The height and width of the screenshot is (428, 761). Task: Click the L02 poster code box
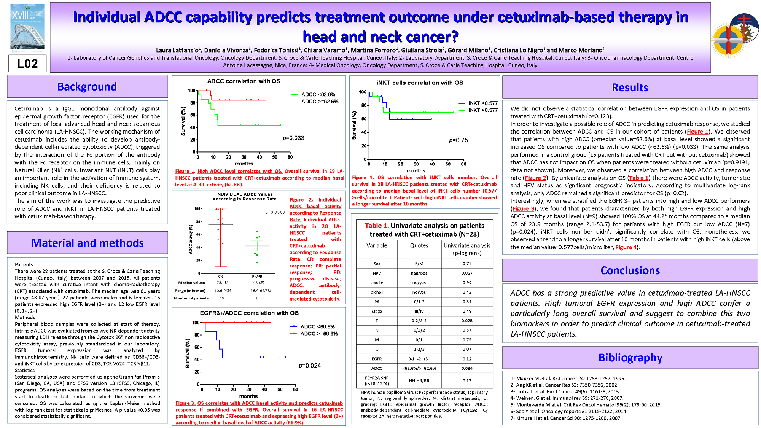pos(27,64)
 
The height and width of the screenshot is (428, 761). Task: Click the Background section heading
pos(87,87)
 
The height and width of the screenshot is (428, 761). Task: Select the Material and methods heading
pos(87,243)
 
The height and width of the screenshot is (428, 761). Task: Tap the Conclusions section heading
pos(630,270)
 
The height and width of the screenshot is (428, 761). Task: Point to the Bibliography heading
pos(630,358)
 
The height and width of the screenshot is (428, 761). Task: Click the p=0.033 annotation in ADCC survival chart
pos(293,138)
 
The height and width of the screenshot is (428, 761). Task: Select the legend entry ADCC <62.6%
pos(318,94)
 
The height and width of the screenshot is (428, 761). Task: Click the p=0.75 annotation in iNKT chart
pos(459,140)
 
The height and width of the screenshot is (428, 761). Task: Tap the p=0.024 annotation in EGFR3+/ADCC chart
pos(310,366)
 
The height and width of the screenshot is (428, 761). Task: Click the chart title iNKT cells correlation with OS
pos(420,83)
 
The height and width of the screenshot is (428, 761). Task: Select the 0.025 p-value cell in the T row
pos(467,321)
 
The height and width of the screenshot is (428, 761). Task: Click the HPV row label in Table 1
pos(377,273)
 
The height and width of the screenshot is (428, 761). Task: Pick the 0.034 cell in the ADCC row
pos(467,368)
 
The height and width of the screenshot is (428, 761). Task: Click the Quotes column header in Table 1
pos(419,246)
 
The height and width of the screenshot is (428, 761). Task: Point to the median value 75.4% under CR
pos(222,283)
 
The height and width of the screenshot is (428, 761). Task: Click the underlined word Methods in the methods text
pos(25,317)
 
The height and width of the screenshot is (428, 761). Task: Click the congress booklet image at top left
pos(27,27)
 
